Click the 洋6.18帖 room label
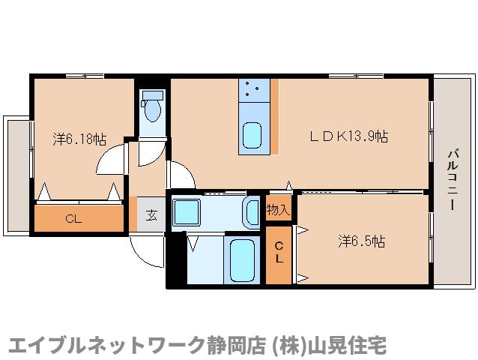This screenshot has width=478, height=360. click(x=79, y=139)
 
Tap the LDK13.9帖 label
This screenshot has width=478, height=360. click(x=349, y=136)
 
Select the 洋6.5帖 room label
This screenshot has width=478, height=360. click(x=361, y=241)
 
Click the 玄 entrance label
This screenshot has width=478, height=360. click(x=151, y=215)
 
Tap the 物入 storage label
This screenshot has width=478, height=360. click(x=278, y=210)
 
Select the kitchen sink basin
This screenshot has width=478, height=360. click(x=253, y=136)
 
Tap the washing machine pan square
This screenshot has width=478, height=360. click(x=187, y=211)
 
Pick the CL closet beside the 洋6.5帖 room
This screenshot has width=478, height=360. click(x=279, y=253)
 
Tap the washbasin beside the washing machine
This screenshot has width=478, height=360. click(x=251, y=211)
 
